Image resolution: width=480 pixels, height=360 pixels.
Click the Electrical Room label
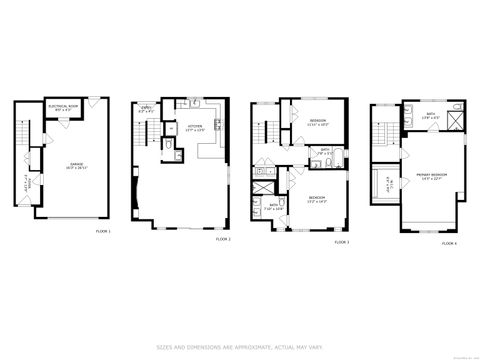(x=62, y=107)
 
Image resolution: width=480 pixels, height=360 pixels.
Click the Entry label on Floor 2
(x=145, y=109)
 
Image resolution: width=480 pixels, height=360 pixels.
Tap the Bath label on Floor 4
(x=430, y=114)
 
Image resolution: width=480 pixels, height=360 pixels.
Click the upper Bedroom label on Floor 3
(x=319, y=122)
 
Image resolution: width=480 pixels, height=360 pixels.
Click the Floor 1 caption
(x=103, y=232)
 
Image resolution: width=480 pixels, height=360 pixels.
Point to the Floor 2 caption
(x=222, y=240)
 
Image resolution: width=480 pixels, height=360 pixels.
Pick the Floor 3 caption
(x=341, y=241)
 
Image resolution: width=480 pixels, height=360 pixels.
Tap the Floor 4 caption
(x=449, y=243)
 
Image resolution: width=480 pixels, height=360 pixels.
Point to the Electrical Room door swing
(x=58, y=121)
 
